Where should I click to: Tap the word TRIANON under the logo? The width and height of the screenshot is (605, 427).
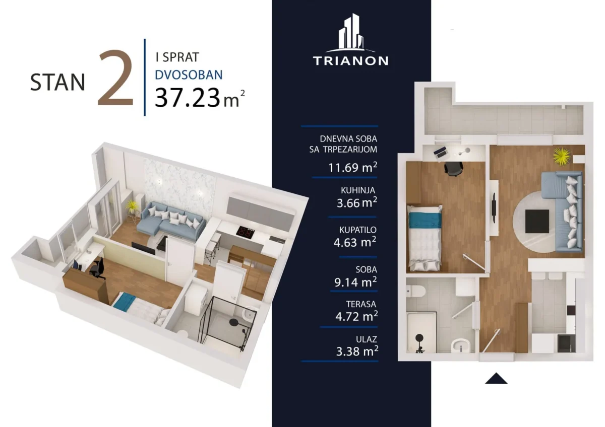(x=350, y=61)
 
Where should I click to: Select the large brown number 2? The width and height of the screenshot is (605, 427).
(x=116, y=78)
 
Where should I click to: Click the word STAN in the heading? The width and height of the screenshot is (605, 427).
(x=57, y=82)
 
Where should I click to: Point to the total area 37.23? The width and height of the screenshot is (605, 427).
(x=188, y=98)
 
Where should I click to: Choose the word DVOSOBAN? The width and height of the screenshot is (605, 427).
(x=189, y=75)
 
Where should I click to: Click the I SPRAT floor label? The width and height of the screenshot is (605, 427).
(x=177, y=57)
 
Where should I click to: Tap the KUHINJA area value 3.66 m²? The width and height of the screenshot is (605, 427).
(x=357, y=202)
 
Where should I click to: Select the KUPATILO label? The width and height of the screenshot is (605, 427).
(x=358, y=230)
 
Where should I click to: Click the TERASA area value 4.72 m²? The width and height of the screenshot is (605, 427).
(x=356, y=316)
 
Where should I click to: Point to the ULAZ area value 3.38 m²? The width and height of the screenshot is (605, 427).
(x=357, y=351)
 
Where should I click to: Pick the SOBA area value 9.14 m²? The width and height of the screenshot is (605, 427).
(x=355, y=282)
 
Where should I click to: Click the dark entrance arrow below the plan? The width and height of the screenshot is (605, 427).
(x=496, y=378)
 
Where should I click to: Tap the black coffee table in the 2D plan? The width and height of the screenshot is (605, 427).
(x=537, y=221)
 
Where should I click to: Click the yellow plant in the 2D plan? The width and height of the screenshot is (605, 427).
(x=562, y=156)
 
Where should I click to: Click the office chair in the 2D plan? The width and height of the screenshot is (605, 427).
(x=453, y=169)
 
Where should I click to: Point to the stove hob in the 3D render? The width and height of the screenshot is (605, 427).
(x=246, y=232)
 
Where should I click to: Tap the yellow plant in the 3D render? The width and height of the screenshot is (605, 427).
(x=132, y=205)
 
